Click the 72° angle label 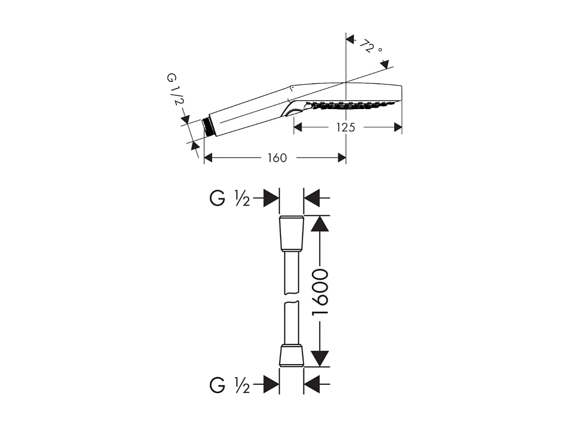click(x=372, y=47)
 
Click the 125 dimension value click(x=346, y=127)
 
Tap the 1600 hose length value click(x=319, y=292)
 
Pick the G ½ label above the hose click(x=230, y=198)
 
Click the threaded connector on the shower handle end click(x=208, y=126)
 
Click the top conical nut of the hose click(x=291, y=234)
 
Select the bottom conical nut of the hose click(x=291, y=355)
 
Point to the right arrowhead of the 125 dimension click(x=397, y=127)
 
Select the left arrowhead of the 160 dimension click(x=208, y=158)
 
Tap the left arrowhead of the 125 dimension click(x=298, y=127)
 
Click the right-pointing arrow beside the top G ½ click(x=271, y=198)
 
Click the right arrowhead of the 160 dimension click(x=342, y=158)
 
